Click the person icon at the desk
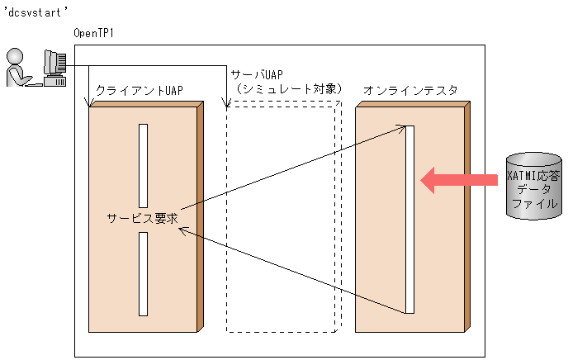point(18,68)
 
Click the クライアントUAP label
point(139,89)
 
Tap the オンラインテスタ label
point(410,89)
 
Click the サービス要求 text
point(143,219)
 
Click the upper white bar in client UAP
point(143,165)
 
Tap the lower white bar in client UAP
point(143,273)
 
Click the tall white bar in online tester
point(409,220)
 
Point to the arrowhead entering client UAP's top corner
point(90,104)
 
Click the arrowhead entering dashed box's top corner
point(227,104)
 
